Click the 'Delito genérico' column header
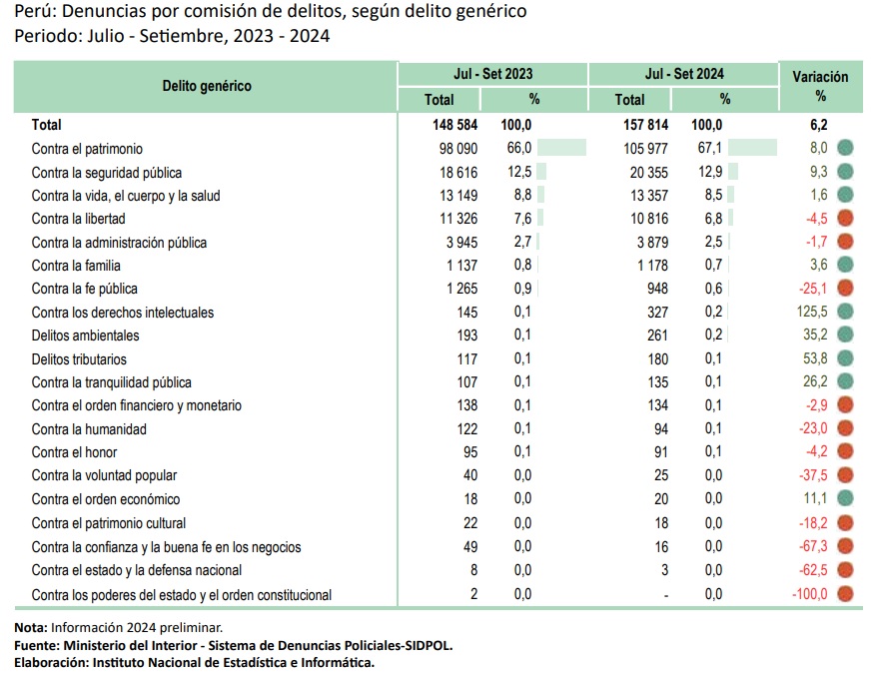tap(207, 86)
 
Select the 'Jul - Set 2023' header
tap(492, 74)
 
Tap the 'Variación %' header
tap(820, 86)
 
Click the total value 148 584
tap(454, 125)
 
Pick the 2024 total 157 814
tap(645, 125)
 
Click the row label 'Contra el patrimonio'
tap(87, 149)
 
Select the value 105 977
tap(645, 149)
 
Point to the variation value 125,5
tap(812, 312)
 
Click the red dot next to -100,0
tap(845, 593)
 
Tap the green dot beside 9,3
tap(845, 171)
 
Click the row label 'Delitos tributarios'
tap(79, 359)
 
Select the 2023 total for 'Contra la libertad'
tap(458, 219)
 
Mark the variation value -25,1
tap(813, 289)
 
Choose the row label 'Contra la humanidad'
tap(89, 429)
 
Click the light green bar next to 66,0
tap(561, 148)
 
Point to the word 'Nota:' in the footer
tap(31, 627)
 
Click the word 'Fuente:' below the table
tap(37, 645)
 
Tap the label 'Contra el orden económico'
tap(106, 499)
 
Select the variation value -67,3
tap(813, 546)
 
